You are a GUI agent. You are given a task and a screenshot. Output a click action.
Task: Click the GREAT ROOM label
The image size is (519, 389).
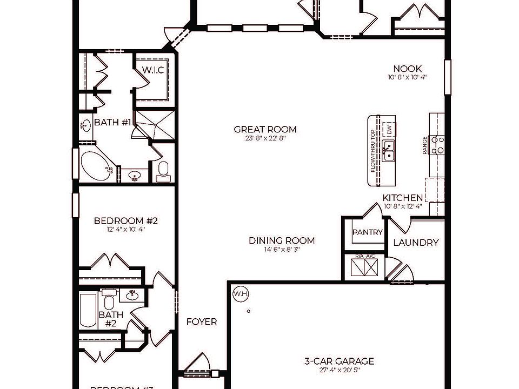tap(265, 129)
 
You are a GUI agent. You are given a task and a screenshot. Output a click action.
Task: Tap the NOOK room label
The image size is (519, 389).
tap(407, 69)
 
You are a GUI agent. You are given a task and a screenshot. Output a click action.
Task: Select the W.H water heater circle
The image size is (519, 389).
tap(239, 294)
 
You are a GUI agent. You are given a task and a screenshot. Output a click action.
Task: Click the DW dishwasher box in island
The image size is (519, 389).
tap(388, 129)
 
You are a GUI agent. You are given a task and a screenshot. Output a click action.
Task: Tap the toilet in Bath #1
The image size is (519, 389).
tap(163, 171)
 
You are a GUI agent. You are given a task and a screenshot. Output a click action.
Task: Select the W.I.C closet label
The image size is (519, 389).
tap(153, 70)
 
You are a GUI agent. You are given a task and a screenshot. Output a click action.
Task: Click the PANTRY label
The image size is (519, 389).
tap(368, 232)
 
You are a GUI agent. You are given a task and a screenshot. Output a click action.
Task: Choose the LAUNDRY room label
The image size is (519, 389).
tap(415, 243)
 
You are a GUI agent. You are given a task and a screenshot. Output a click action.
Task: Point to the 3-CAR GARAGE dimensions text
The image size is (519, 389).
tap(339, 371)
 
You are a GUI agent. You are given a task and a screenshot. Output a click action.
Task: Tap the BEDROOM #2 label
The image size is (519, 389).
tap(125, 220)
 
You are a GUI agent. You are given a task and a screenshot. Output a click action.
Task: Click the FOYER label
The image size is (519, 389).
tap(202, 322)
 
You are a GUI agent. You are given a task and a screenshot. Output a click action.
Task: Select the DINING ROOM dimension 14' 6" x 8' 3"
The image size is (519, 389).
tap(282, 250)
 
